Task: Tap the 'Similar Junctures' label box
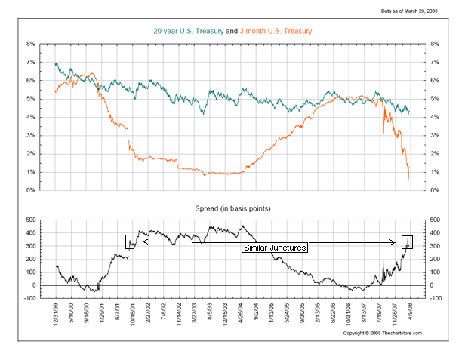tap(274, 248)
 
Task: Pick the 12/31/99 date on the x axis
tap(56, 314)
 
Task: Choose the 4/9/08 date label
tap(411, 312)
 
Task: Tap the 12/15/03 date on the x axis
tap(226, 314)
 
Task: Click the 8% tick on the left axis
tap(31, 44)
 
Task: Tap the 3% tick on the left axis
tap(31, 135)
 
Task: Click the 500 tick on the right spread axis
tap(436, 220)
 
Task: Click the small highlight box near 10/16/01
tap(130, 242)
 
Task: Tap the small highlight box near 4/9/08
tap(407, 242)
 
